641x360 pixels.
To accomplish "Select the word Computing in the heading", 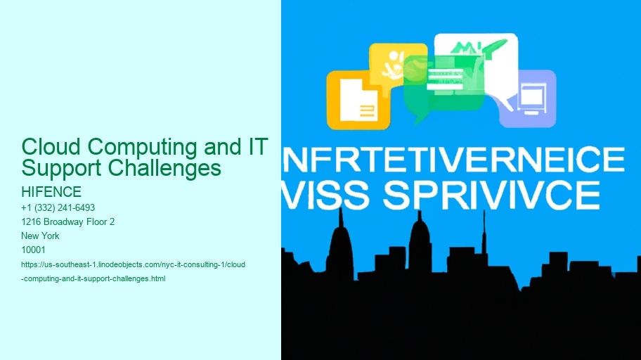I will (x=140, y=148).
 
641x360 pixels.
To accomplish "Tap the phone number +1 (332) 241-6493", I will (x=58, y=207).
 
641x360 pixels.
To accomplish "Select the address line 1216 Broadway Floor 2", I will (x=68, y=221).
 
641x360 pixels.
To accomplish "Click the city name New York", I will (x=41, y=236).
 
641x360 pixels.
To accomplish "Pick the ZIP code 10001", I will (x=34, y=250).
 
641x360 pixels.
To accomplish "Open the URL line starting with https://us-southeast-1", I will (x=134, y=264).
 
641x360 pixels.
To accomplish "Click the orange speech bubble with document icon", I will (x=358, y=100).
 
